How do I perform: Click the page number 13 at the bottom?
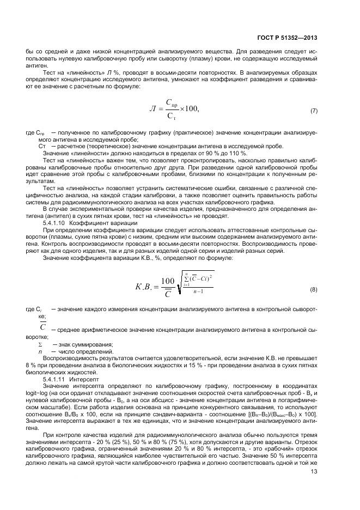313,481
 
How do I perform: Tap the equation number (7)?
314,111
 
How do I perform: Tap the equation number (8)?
314,288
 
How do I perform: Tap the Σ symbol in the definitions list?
40,345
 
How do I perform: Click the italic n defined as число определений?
40,352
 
